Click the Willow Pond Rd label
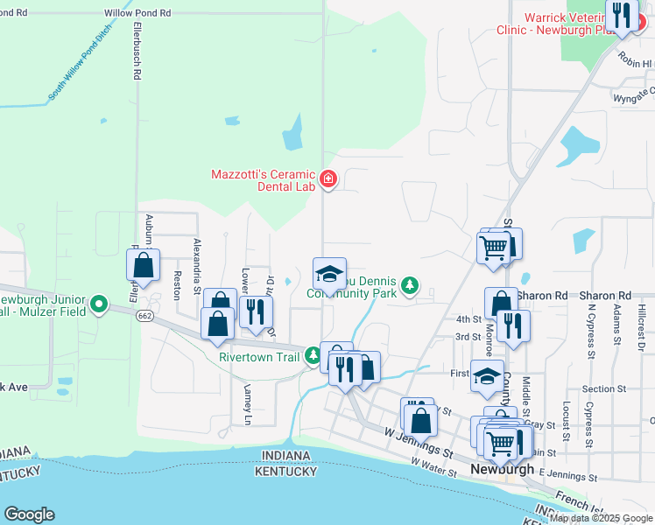pyautogui.click(x=137, y=13)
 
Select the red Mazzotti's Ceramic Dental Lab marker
pyautogui.click(x=328, y=180)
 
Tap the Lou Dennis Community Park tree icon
pyautogui.click(x=408, y=284)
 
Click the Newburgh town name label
pyautogui.click(x=502, y=469)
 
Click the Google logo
pyautogui.click(x=29, y=514)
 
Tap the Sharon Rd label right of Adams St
pyautogui.click(x=610, y=296)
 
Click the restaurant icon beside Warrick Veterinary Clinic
pyautogui.click(x=622, y=17)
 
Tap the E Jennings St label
pyautogui.click(x=567, y=476)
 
